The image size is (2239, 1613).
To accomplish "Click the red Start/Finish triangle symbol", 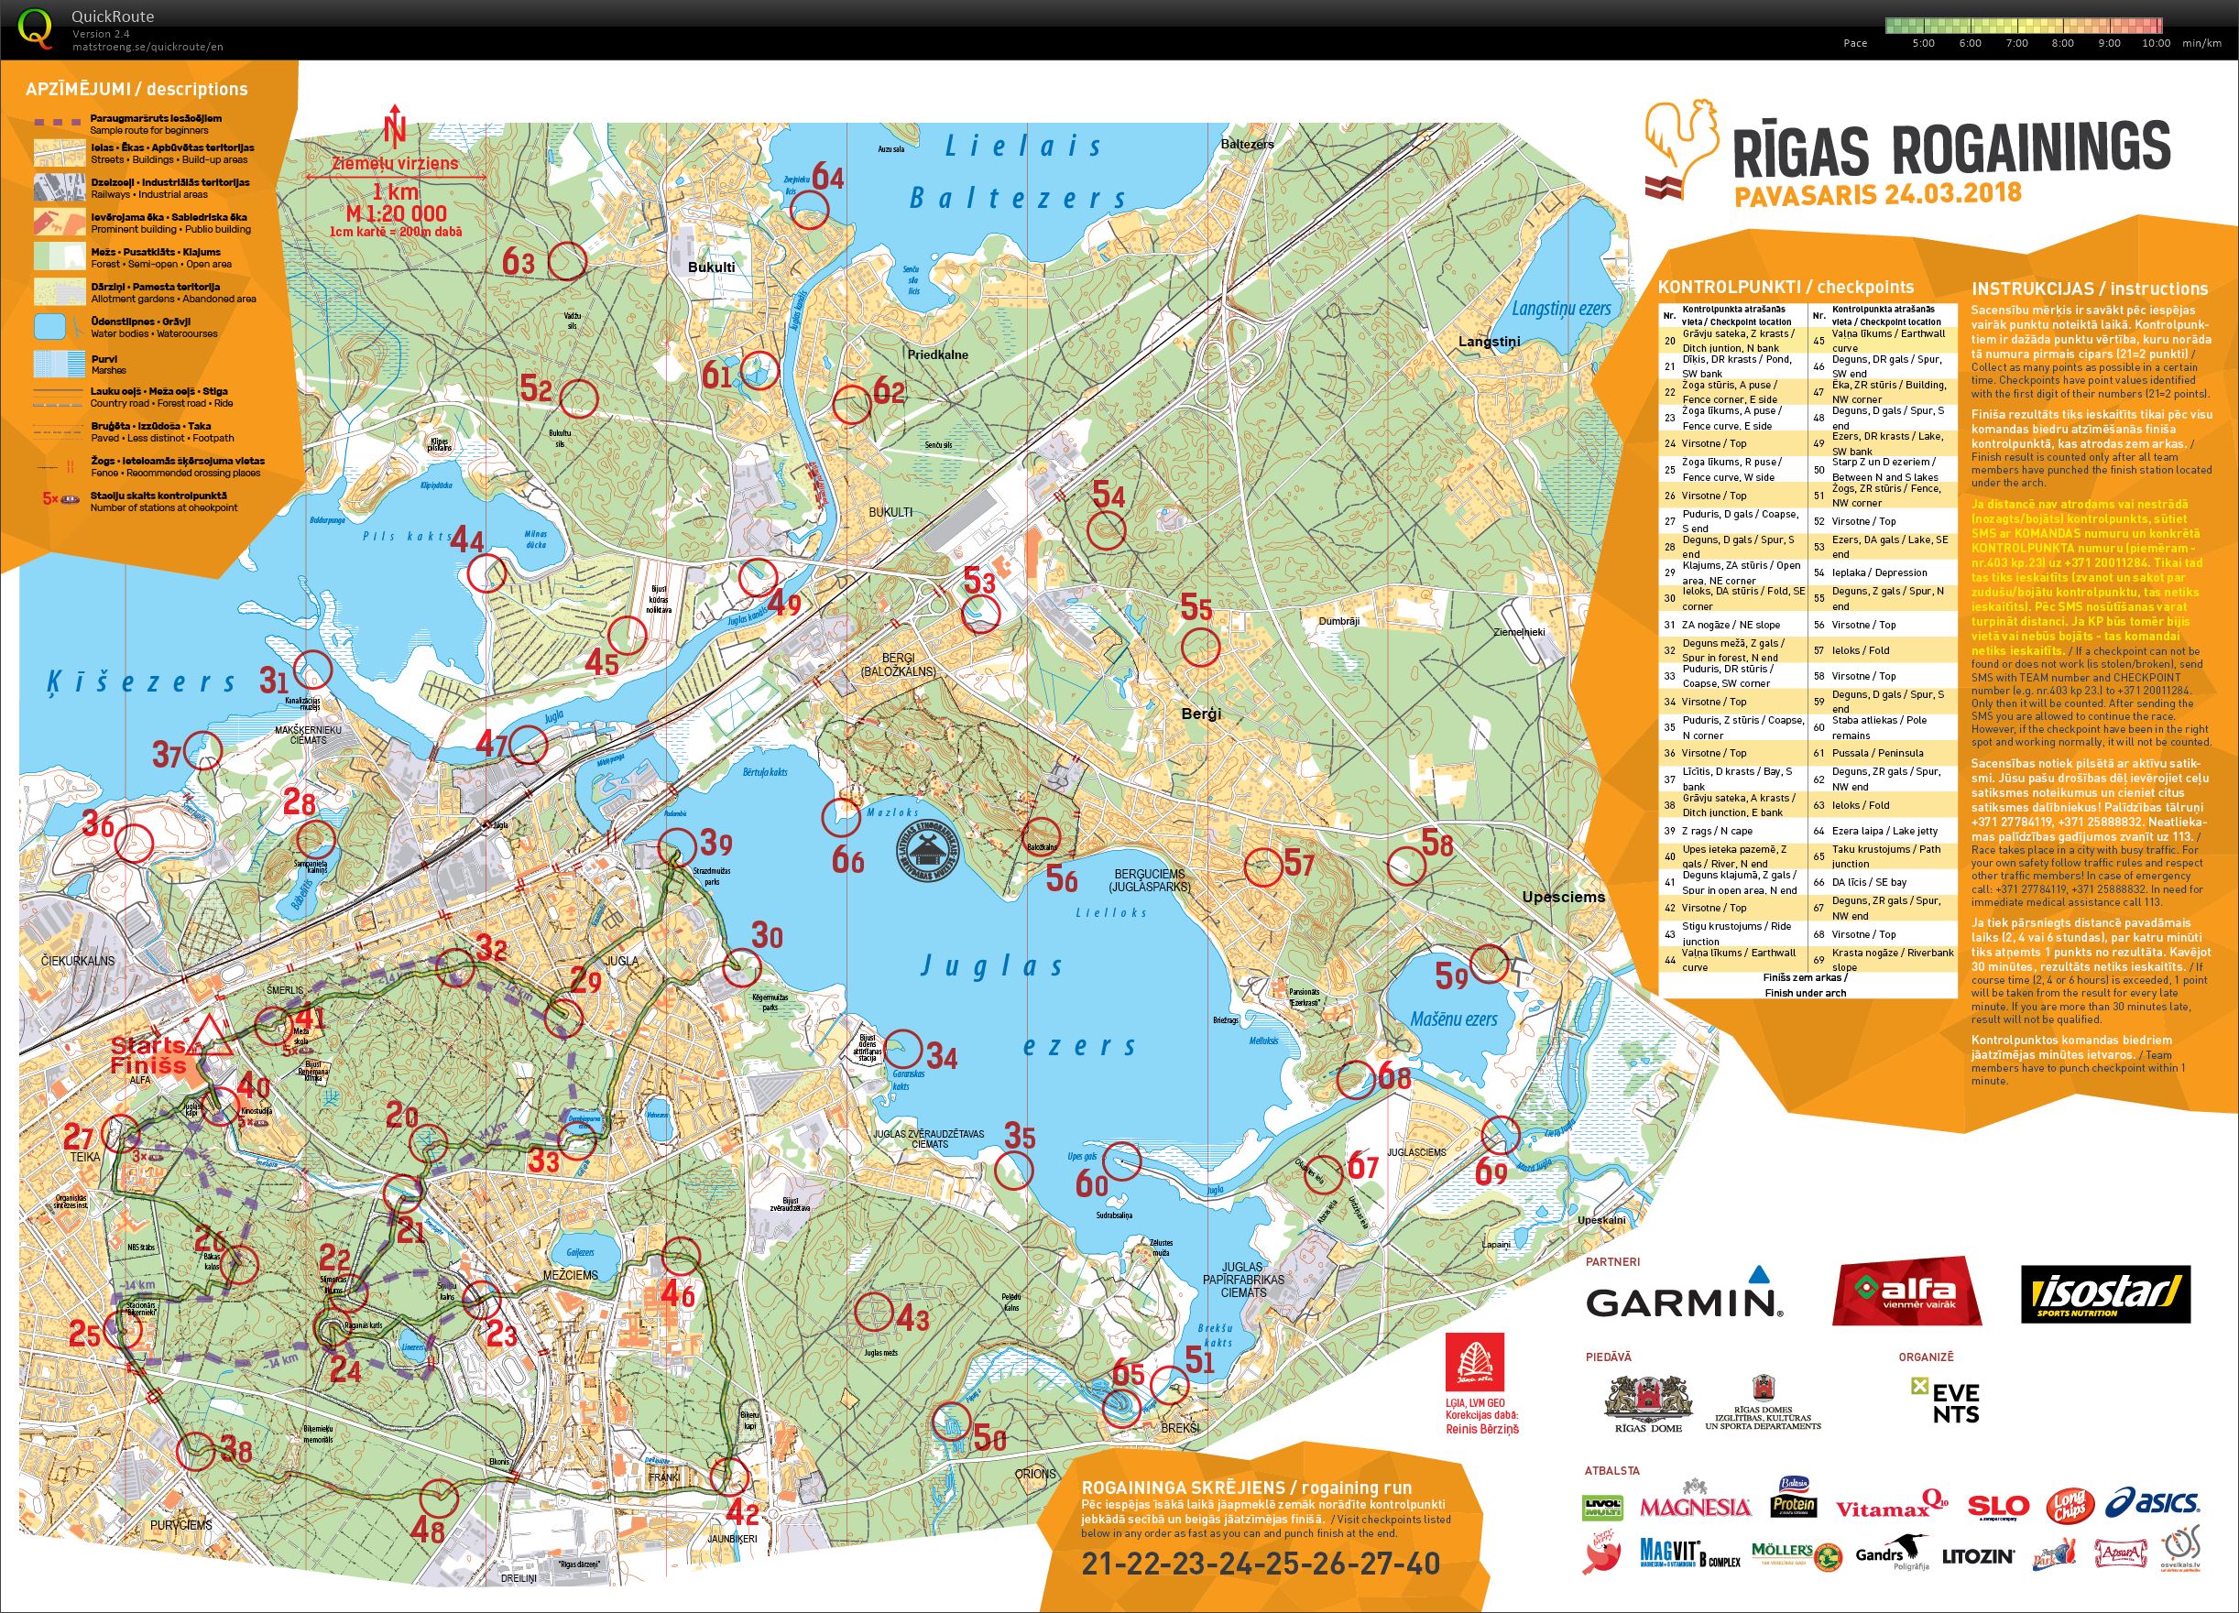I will pyautogui.click(x=211, y=1037).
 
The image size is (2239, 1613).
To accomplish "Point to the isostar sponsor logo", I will pyautogui.click(x=2104, y=1293).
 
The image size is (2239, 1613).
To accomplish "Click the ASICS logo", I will pyautogui.click(x=2152, y=1503).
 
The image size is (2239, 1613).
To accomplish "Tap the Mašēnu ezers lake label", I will pyautogui.click(x=1453, y=1019).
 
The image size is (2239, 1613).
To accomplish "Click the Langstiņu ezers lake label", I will pyautogui.click(x=1561, y=309).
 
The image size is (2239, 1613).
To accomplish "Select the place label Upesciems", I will pyautogui.click(x=1563, y=898).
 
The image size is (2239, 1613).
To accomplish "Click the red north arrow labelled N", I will pyautogui.click(x=396, y=126).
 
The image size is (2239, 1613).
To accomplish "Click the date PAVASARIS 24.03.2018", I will pyautogui.click(x=1878, y=194).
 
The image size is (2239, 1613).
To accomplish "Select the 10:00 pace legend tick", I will pyautogui.click(x=2155, y=43).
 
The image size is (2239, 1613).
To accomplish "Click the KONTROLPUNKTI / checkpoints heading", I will pyautogui.click(x=1785, y=288).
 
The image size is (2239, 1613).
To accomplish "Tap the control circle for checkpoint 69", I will pyautogui.click(x=1501, y=1135).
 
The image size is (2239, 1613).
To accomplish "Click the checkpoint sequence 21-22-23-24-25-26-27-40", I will pyautogui.click(x=1260, y=1564).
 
